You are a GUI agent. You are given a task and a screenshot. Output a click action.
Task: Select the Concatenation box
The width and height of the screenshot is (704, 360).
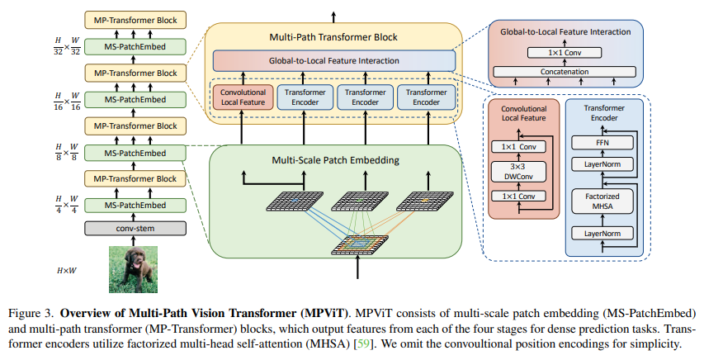coord(565,72)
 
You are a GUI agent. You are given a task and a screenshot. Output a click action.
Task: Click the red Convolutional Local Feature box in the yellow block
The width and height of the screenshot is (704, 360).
coord(242,97)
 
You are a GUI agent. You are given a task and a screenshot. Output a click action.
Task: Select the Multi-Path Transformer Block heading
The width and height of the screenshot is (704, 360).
coord(333,37)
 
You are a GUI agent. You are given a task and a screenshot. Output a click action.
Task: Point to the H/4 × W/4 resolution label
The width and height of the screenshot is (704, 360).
coord(67,203)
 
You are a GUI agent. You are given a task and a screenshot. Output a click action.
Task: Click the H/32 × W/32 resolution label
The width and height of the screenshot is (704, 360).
coord(67,45)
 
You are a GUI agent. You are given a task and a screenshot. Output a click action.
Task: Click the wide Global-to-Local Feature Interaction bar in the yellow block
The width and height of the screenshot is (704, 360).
coord(333,60)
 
